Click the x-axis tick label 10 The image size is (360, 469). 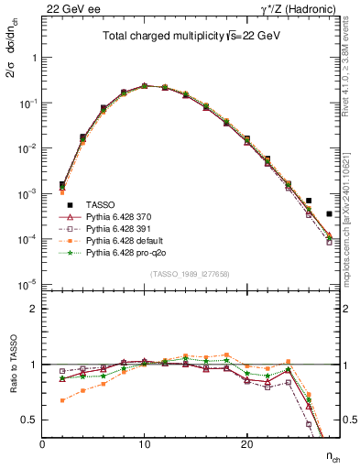coord(145,444)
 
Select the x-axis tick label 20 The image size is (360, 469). coord(246,444)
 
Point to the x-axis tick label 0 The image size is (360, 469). coord(42,444)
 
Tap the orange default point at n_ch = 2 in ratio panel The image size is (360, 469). coord(62,400)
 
